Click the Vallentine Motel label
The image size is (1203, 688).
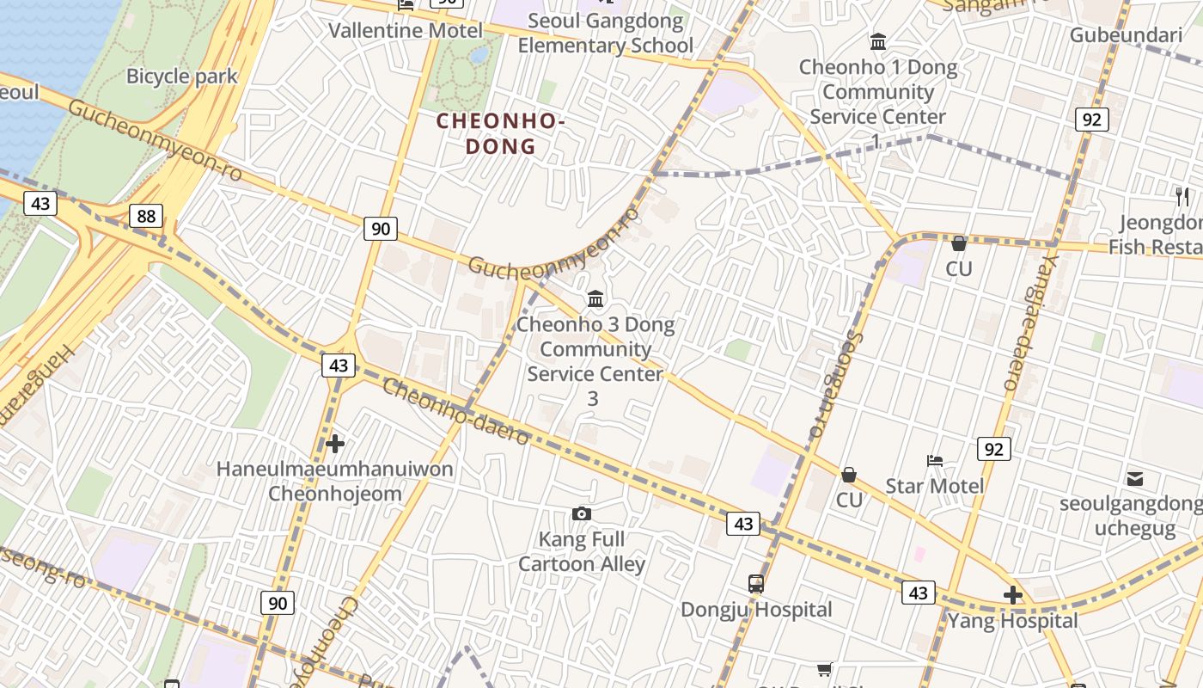coord(406,31)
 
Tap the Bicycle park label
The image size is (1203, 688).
coord(181,76)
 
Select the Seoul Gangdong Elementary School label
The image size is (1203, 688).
coord(605,33)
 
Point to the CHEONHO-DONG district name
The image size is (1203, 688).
coord(500,133)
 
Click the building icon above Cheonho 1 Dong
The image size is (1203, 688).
coord(878,41)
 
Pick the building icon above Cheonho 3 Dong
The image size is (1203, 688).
coord(595,299)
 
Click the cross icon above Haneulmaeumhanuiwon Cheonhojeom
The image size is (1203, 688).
coord(335,444)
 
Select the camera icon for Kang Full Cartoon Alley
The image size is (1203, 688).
coord(582,514)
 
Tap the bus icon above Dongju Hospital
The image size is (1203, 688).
coord(756,584)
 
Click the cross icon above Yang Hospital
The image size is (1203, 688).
coord(1013,594)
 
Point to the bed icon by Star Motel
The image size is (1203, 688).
coord(935,461)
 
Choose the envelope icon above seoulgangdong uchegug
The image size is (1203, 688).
coord(1135,478)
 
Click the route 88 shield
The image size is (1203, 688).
coord(146,215)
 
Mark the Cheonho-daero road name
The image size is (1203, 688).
coord(455,412)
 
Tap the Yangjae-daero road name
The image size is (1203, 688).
coord(1027,318)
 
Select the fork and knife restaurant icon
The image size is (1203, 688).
coord(1183,197)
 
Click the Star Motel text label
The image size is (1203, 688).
coord(935,486)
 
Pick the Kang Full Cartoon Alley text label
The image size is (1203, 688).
coord(582,551)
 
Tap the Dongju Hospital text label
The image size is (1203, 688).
coord(756,610)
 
